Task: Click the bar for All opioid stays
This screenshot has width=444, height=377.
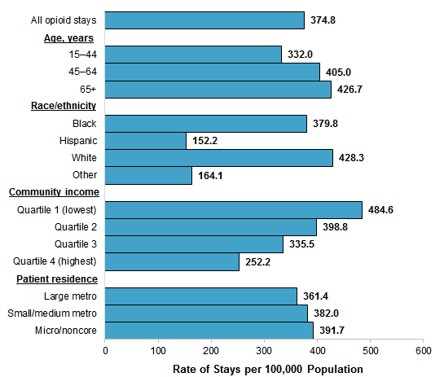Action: point(204,20)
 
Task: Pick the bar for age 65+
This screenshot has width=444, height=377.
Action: point(218,90)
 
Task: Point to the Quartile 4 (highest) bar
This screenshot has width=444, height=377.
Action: point(172,261)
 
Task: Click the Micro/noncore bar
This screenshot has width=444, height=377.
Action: point(209,331)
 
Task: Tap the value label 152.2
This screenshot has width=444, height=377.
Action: point(204,141)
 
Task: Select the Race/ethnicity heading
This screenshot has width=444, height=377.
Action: point(64,106)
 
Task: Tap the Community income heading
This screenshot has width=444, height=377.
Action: point(54,192)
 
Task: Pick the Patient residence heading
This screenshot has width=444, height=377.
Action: point(57,279)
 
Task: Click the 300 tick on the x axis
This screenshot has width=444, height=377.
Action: point(264,350)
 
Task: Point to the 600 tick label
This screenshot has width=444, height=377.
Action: point(423,350)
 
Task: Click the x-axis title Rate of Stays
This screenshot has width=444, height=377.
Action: point(267,368)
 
